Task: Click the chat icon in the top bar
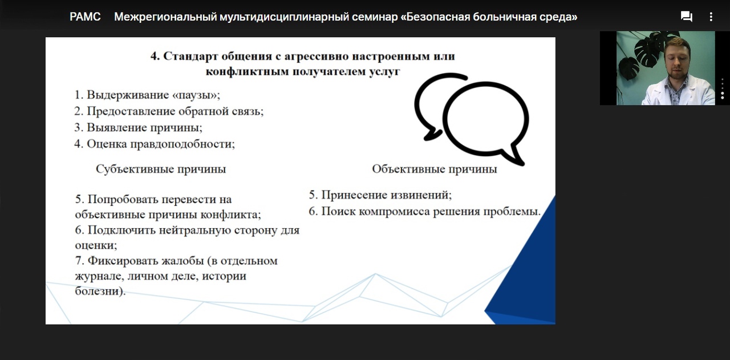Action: (686, 17)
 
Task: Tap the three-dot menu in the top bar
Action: (711, 17)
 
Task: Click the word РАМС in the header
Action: (85, 17)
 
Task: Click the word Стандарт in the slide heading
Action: (190, 56)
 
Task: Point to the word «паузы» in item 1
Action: (196, 95)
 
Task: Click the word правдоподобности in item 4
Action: (182, 144)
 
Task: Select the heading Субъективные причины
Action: (161, 169)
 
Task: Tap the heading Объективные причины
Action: (435, 169)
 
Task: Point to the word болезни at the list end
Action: (100, 291)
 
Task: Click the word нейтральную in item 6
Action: (202, 230)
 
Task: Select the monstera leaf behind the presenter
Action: (648, 49)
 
